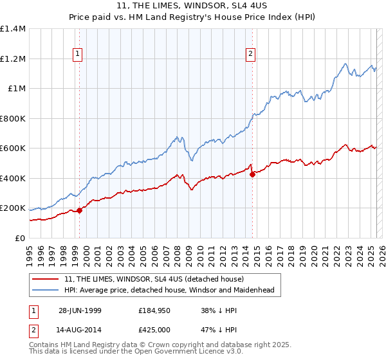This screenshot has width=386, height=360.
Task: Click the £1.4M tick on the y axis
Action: click(x=13, y=29)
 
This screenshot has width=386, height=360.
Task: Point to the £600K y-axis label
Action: click(x=13, y=148)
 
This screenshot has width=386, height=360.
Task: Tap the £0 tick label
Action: click(x=19, y=239)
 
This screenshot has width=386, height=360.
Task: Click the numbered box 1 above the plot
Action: click(x=77, y=55)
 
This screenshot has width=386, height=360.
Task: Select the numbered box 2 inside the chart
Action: click(x=250, y=55)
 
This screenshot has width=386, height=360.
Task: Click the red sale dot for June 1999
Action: click(x=80, y=210)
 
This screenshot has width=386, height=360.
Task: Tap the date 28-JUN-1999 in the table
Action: click(x=79, y=310)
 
